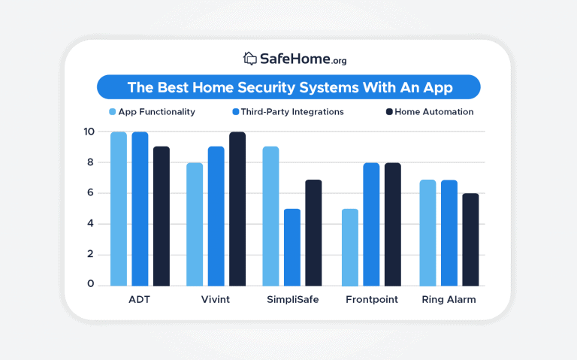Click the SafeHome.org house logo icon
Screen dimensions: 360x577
point(250,58)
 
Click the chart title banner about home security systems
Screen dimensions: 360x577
point(288,87)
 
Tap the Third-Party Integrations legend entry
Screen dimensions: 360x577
point(288,112)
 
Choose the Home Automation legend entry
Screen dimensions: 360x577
point(429,112)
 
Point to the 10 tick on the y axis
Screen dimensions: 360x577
point(89,132)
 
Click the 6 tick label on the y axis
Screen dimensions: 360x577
point(89,193)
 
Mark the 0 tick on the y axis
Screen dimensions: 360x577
point(89,284)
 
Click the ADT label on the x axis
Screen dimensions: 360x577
point(140,300)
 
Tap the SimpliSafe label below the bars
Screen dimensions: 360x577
point(292,300)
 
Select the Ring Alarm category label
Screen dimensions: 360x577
point(449,300)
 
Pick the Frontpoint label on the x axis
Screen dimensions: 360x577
point(371,300)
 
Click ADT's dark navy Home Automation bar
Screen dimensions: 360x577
point(162,216)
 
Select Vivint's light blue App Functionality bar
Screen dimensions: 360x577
point(194,224)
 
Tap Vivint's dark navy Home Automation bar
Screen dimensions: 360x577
point(237,209)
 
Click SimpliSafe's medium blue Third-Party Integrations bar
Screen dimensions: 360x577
point(292,247)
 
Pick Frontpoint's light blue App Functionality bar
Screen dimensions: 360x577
point(350,247)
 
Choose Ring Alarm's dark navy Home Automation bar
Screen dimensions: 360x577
point(470,240)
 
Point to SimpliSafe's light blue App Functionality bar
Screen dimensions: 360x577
point(270,216)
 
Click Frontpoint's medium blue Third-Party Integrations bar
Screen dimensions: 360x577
point(371,224)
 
